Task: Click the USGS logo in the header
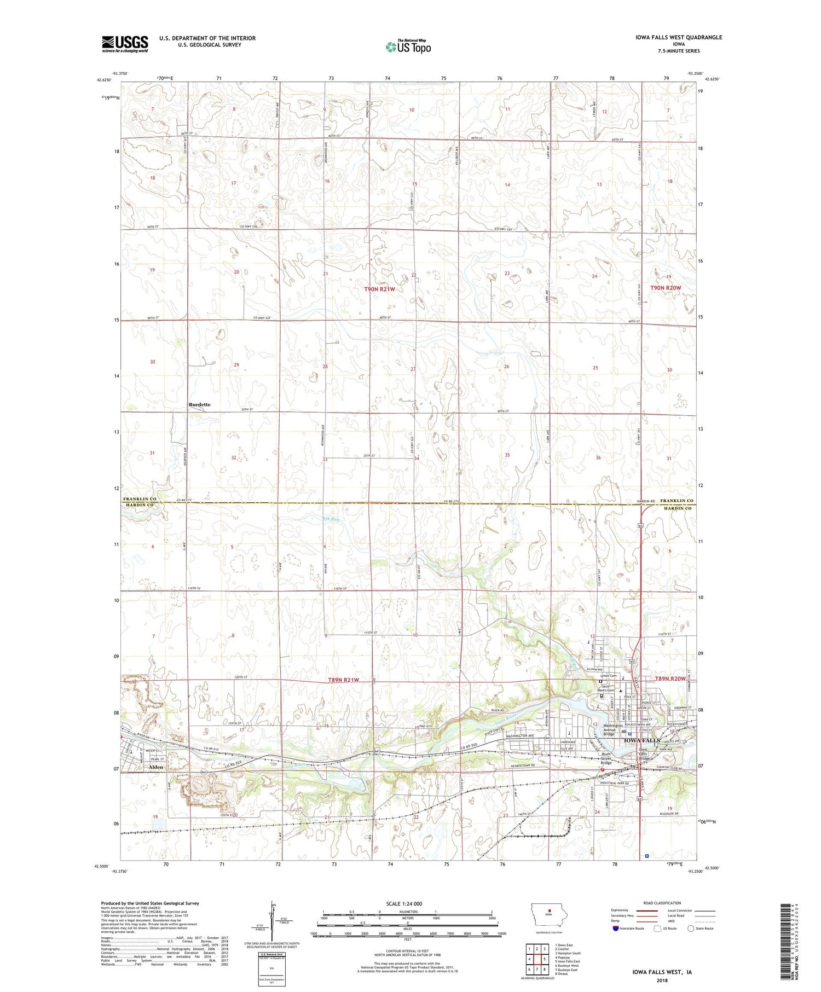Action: (125, 43)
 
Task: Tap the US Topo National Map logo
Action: (408, 47)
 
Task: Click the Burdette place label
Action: (199, 404)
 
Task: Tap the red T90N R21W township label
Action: (380, 289)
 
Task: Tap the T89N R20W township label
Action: (670, 678)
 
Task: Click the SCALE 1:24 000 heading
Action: (404, 903)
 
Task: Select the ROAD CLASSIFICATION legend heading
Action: (662, 903)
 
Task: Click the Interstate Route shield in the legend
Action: (616, 929)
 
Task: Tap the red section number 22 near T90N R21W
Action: (414, 275)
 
